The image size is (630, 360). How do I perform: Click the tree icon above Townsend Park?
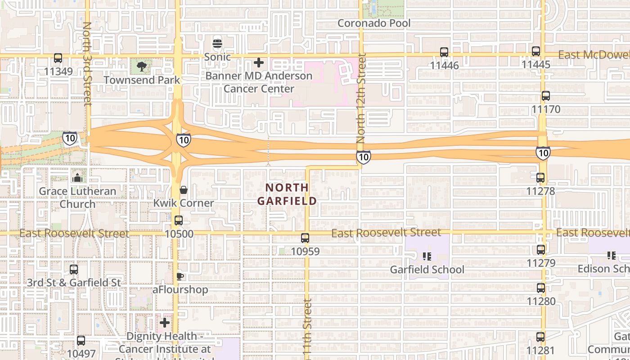pos(142,67)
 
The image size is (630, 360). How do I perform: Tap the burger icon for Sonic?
pos(217,44)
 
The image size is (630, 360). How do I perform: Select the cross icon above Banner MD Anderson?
pos(259,63)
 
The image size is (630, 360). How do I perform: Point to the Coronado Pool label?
pos(374,23)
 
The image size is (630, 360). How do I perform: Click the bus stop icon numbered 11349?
pos(58,58)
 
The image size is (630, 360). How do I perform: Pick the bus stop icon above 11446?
pos(444,52)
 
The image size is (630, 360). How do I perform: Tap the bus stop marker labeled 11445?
pos(536,51)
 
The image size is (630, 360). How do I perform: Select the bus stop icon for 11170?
pos(546,96)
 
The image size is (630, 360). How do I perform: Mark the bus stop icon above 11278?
pos(540,178)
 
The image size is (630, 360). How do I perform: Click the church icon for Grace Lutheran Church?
pos(78,178)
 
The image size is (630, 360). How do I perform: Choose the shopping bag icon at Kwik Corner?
pos(183,190)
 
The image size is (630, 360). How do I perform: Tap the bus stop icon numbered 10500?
pos(179,220)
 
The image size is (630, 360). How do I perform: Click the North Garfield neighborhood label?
pos(287,194)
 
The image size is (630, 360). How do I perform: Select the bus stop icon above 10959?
pos(305,238)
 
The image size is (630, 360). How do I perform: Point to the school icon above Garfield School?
pos(427,256)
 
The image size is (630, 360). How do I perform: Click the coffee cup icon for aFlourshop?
pos(180,276)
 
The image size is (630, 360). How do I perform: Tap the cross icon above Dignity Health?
pos(165,323)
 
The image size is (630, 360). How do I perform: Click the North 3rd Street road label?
pos(87,64)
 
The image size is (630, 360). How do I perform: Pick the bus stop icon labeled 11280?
pos(540,288)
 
